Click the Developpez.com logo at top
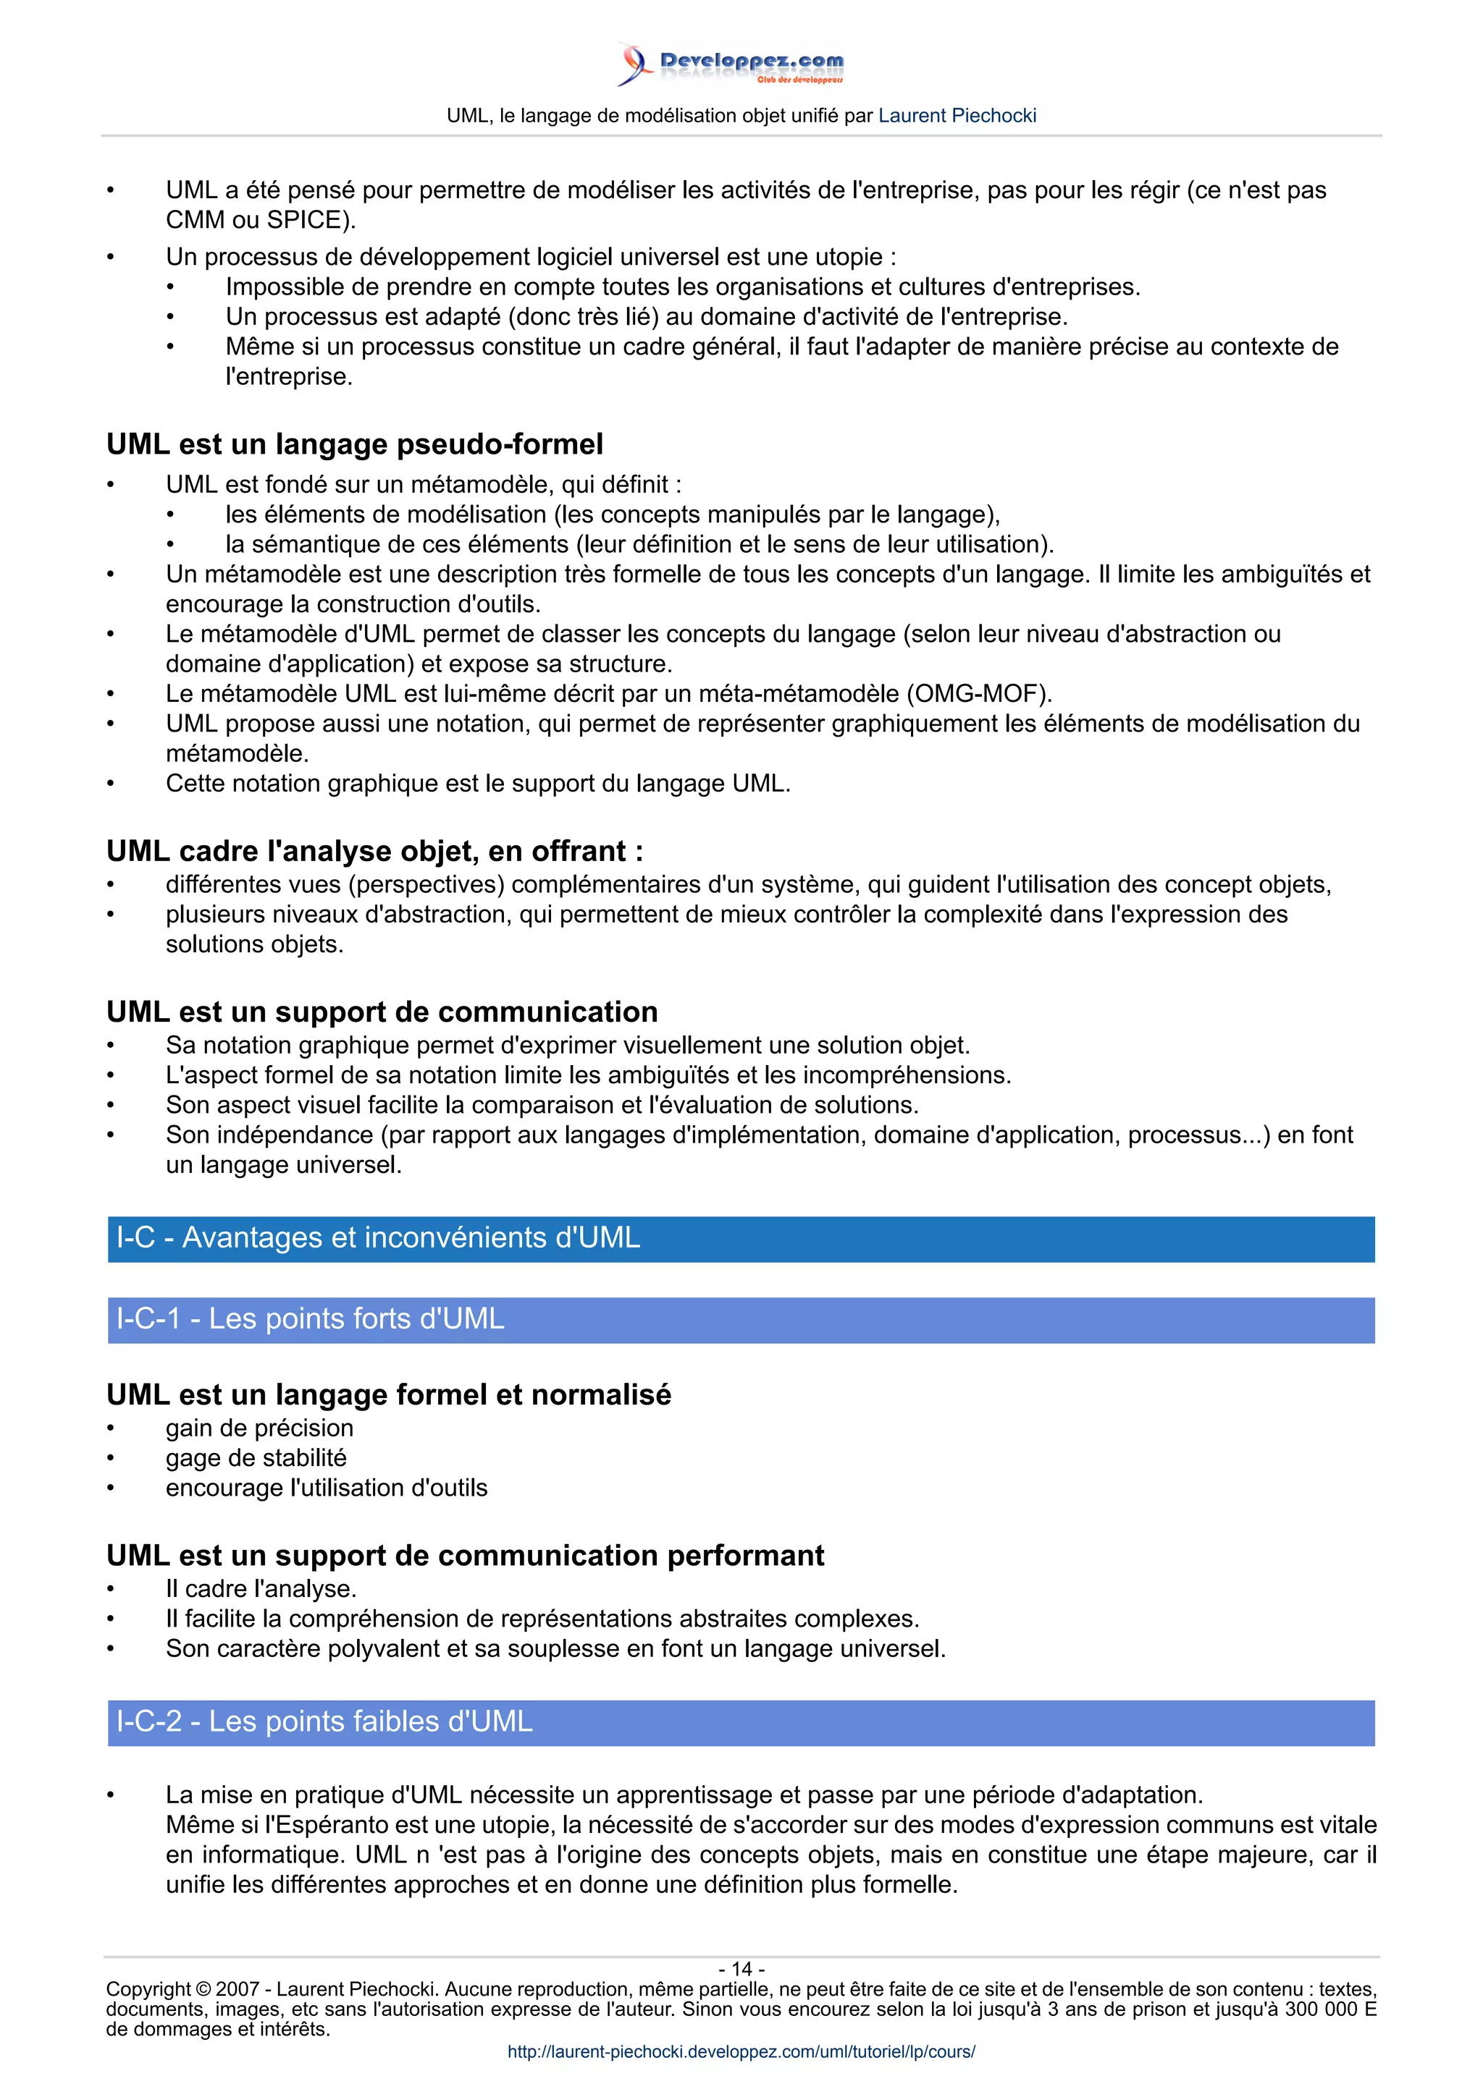(731, 64)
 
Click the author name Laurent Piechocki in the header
(957, 116)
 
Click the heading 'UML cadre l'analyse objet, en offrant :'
(374, 851)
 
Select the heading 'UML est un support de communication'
(382, 1012)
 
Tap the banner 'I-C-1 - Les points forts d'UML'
(741, 1320)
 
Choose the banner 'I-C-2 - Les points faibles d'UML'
(741, 1722)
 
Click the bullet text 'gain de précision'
(259, 1428)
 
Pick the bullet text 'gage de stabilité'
(256, 1459)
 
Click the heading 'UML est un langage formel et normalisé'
(388, 1396)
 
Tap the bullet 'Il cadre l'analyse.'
(261, 1589)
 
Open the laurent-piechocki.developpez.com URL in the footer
(741, 2051)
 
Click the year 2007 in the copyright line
(237, 1989)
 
